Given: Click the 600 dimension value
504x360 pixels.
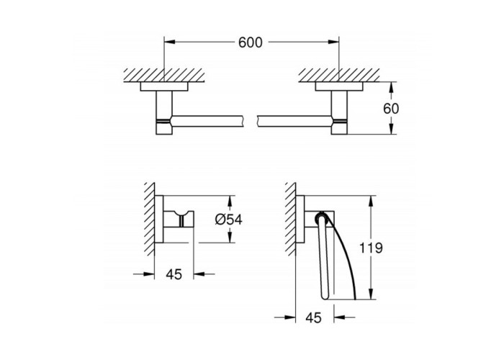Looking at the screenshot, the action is [x=250, y=42].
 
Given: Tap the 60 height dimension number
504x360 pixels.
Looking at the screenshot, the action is [x=391, y=109].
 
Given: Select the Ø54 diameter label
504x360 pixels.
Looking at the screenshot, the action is [x=228, y=220].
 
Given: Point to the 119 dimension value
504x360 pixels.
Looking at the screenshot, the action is [x=371, y=248].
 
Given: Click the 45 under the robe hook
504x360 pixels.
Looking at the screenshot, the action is [x=174, y=274].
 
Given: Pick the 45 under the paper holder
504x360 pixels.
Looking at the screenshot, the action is [x=313, y=318].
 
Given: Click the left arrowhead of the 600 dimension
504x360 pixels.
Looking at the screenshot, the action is [x=169, y=42].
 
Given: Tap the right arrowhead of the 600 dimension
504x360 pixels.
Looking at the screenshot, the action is [x=333, y=42].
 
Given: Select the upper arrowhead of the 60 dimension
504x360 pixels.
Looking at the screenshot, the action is [x=391, y=87].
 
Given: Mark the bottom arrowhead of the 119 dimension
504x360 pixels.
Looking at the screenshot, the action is [x=372, y=294].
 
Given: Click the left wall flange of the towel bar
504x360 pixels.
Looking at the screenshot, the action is [x=164, y=86].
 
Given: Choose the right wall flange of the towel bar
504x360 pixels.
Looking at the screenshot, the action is [x=339, y=86].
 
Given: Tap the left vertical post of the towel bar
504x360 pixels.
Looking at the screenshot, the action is [x=164, y=112].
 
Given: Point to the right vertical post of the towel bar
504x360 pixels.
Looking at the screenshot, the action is [x=339, y=112].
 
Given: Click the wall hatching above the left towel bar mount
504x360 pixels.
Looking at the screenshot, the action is [x=164, y=75].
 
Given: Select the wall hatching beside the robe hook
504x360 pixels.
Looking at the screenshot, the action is [x=149, y=219].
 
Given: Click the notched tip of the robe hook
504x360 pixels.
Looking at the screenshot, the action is [x=182, y=213].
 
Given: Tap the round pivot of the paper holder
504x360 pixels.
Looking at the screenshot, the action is [x=322, y=218].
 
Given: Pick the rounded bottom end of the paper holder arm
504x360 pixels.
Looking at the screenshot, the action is [x=325, y=297].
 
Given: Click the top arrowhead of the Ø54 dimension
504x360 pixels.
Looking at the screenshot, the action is [x=230, y=201].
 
